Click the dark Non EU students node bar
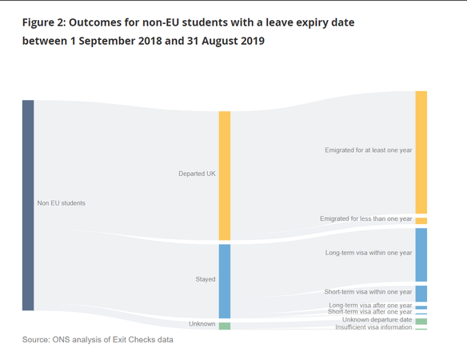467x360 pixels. (28, 206)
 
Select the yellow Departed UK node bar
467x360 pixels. (225, 176)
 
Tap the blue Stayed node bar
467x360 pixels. (225, 282)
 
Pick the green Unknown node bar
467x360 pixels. (225, 326)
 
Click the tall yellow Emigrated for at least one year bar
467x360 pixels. (421, 152)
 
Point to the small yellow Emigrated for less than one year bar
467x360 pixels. (421, 221)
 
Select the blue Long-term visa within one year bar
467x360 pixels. (421, 255)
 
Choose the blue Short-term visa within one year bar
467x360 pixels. (421, 294)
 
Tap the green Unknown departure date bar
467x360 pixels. (421, 322)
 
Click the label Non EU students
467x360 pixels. (61, 203)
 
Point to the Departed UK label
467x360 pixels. (197, 174)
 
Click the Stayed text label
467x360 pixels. (206, 279)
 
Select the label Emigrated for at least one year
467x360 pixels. (369, 150)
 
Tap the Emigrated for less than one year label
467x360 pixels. (366, 218)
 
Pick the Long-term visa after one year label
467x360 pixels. (370, 305)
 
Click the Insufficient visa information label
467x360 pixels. (373, 327)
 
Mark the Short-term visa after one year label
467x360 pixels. (370, 312)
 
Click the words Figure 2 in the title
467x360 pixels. (43, 22)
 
